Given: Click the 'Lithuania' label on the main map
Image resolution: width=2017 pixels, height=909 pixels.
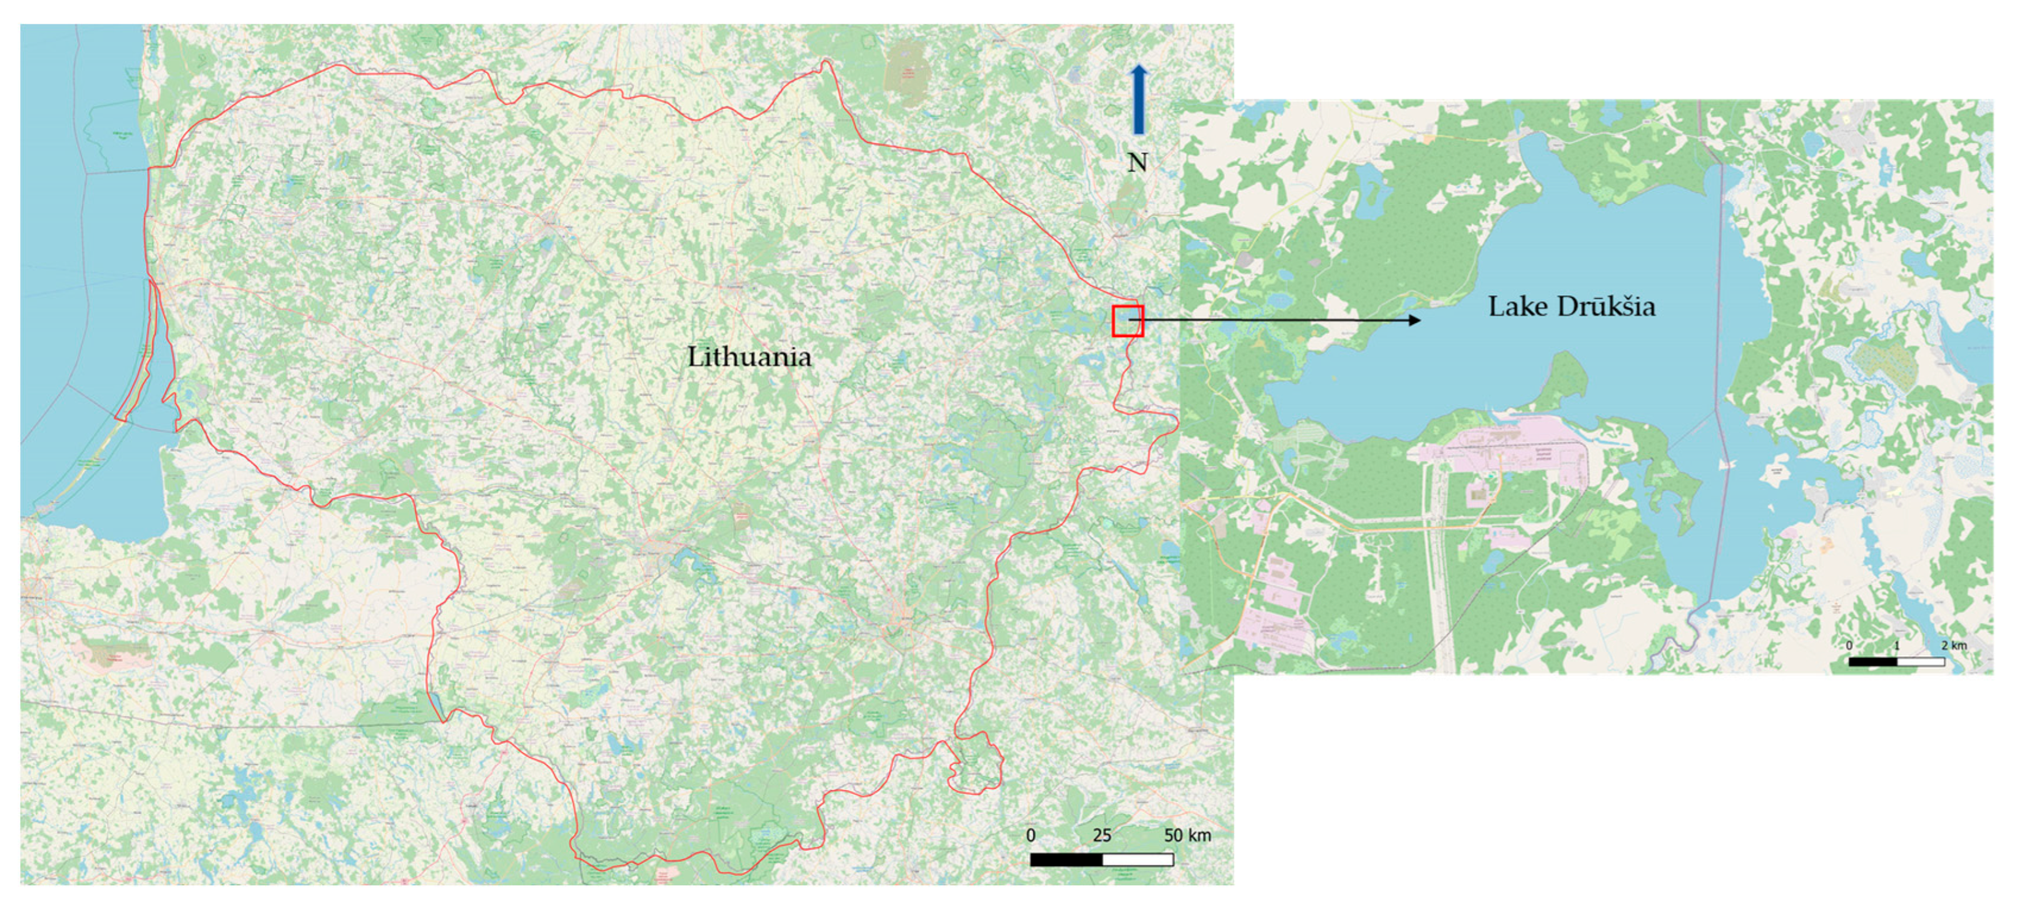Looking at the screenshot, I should [749, 357].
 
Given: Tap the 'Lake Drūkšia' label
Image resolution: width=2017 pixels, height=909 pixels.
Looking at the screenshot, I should [1571, 306].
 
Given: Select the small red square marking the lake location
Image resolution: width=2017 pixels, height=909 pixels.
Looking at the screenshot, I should [1127, 321].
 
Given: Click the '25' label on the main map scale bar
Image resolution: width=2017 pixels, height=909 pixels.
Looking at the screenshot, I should [1102, 835].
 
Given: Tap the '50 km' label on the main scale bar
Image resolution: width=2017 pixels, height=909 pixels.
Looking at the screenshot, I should [1187, 835].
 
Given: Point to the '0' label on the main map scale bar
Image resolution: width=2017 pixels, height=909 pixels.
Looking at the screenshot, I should [1031, 835].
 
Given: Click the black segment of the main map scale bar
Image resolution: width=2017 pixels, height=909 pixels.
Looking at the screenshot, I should [1067, 860].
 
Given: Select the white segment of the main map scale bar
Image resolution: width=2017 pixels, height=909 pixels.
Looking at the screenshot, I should [1138, 860].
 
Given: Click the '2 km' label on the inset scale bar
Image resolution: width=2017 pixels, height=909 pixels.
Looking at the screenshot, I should [1954, 645].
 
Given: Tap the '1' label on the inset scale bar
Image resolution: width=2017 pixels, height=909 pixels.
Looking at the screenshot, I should [1896, 645].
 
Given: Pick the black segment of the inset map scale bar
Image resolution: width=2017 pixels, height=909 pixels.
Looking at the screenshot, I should [1873, 662].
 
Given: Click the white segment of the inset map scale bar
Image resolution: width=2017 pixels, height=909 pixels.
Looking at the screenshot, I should [1921, 662].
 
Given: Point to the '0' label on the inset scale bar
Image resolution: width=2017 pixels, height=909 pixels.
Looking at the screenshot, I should [1849, 645].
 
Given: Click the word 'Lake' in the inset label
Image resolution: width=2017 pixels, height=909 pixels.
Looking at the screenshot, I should [1515, 306].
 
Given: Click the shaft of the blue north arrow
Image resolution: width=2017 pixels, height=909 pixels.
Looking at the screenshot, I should [1139, 109].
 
